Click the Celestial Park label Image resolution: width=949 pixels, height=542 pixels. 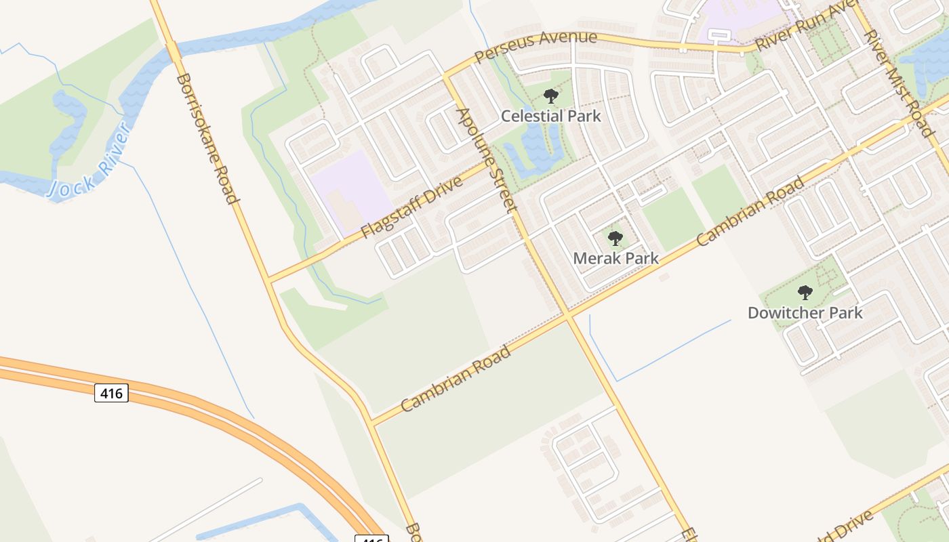(550, 116)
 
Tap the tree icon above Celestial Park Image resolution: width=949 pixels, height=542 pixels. (551, 96)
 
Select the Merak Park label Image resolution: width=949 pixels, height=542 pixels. (615, 258)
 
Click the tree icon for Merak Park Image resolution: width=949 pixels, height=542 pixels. (615, 238)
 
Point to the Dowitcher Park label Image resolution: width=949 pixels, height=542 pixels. (805, 312)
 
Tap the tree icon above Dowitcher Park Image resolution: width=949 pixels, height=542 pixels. (805, 293)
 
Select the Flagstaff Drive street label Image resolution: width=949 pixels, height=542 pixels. (411, 207)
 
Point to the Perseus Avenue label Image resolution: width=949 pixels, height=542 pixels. (536, 46)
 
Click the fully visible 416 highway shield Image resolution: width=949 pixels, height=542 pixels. (111, 392)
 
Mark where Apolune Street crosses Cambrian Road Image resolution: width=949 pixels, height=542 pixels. (567, 316)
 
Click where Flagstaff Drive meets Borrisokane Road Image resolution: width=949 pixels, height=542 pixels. (269, 279)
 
